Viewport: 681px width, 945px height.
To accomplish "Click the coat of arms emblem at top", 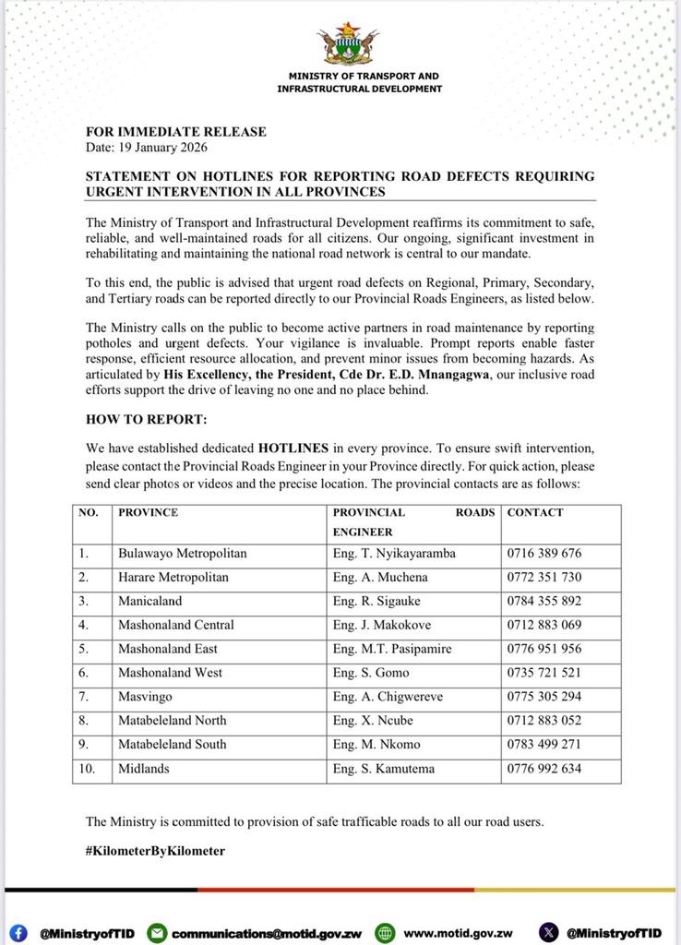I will (x=347, y=44).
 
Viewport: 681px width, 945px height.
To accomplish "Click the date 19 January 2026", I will (x=147, y=148).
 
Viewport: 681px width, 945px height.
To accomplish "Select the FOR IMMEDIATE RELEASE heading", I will (x=176, y=132).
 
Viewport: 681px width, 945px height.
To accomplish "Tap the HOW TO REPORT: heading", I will (x=146, y=419).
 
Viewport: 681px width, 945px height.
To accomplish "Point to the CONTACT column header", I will (x=535, y=512).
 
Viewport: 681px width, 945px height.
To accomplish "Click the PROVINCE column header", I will (x=148, y=512).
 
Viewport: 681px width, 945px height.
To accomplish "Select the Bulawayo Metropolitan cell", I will (x=182, y=554).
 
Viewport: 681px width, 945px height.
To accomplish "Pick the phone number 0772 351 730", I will (x=544, y=578).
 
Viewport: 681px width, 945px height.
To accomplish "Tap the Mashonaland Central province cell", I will (x=175, y=625).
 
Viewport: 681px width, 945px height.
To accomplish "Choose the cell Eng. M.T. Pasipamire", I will (x=392, y=649).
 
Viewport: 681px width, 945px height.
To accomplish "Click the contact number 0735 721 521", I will (x=544, y=673).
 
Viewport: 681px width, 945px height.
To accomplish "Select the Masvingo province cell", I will (x=145, y=697).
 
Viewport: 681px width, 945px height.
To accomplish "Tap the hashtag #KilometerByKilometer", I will (x=155, y=851).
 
